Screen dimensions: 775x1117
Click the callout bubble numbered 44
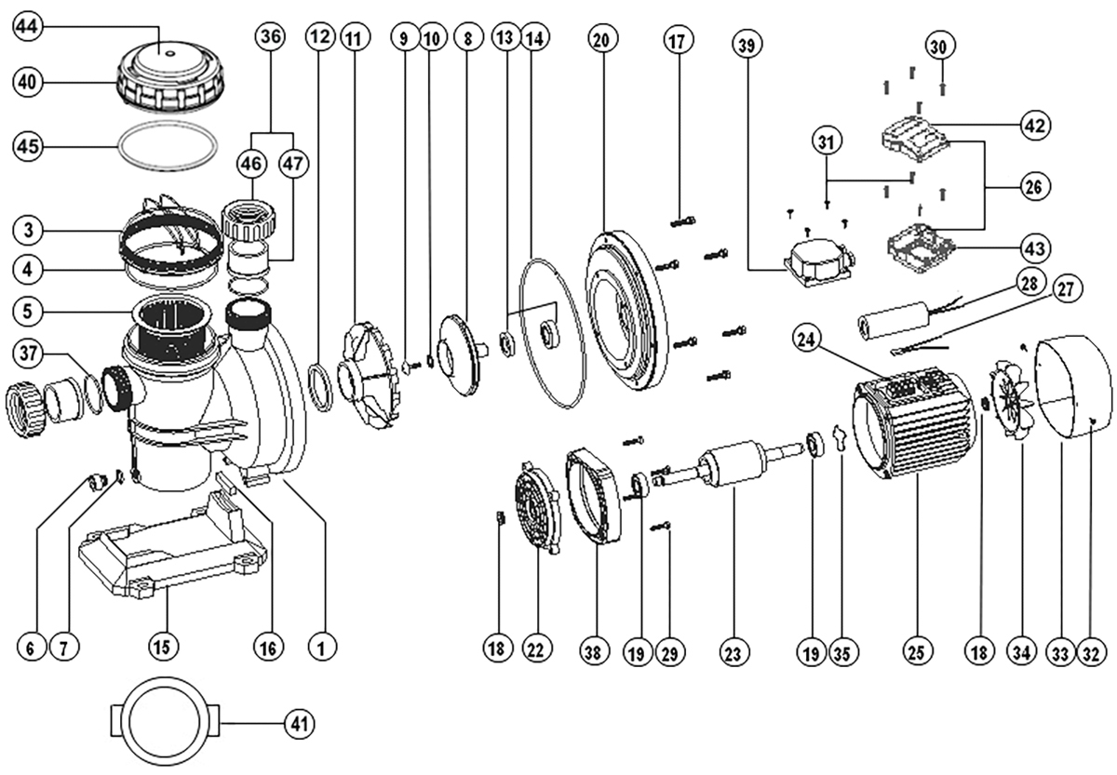(x=30, y=29)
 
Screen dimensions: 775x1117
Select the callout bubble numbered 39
(x=745, y=44)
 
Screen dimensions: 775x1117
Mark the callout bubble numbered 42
(x=1035, y=125)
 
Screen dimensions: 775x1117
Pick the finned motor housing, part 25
(x=912, y=428)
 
